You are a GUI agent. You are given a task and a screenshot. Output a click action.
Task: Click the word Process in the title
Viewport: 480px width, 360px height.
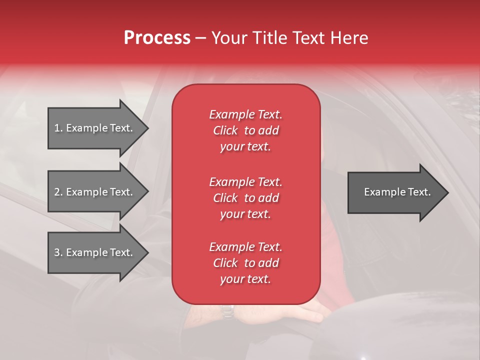[x=157, y=38]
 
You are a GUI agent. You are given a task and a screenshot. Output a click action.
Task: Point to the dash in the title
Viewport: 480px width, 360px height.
[x=200, y=38]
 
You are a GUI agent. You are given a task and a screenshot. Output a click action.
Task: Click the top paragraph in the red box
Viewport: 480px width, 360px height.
[x=245, y=130]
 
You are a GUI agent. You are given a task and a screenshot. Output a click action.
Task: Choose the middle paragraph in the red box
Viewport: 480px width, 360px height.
[x=245, y=198]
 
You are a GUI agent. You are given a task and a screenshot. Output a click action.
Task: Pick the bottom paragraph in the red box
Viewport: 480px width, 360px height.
[x=245, y=263]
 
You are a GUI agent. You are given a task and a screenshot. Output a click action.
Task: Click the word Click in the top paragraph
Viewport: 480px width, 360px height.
[x=225, y=130]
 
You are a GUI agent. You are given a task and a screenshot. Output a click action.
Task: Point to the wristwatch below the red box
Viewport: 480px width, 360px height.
[x=227, y=311]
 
